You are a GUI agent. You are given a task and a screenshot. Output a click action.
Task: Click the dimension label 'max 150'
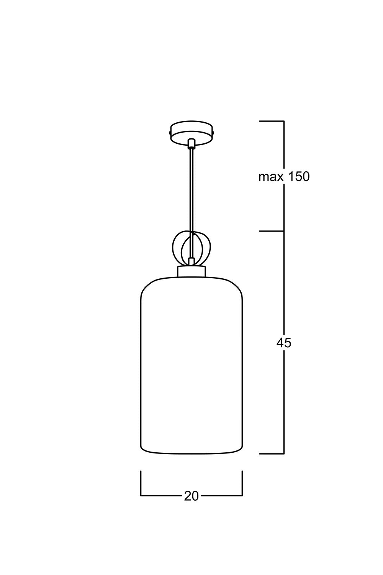click(284, 177)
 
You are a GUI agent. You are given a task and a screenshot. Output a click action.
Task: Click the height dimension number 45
click(284, 343)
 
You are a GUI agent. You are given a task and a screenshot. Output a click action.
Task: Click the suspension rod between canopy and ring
click(191, 203)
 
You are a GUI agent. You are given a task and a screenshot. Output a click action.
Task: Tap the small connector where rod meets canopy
click(191, 144)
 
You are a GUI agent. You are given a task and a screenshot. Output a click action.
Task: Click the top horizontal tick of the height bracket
click(272, 121)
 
